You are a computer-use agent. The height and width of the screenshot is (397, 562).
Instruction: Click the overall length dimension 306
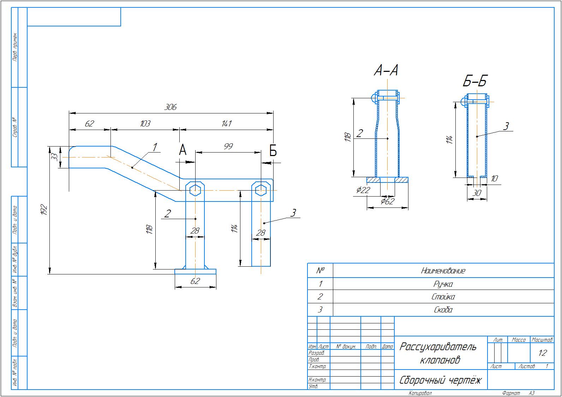[171, 107]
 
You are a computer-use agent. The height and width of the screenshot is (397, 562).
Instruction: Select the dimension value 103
[145, 124]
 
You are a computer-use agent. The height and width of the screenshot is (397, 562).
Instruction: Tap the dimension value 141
[226, 124]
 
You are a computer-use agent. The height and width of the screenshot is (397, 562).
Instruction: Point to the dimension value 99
[228, 146]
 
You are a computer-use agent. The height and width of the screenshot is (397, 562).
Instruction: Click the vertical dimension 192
[44, 210]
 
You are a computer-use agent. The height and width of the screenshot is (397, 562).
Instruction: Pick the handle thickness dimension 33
[54, 157]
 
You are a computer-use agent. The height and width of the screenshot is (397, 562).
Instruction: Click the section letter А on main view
[183, 150]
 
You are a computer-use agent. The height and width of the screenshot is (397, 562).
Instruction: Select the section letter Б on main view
[273, 151]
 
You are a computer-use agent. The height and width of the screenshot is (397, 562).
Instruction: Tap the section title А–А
[386, 71]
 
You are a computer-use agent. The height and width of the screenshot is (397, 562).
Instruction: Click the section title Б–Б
[475, 81]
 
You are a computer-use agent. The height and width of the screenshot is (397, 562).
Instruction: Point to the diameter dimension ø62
[387, 201]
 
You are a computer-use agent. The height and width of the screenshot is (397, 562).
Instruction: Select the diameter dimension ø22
[363, 190]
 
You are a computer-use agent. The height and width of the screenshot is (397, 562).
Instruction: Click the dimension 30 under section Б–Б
[477, 193]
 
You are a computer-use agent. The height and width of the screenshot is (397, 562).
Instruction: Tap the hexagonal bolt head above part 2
[195, 190]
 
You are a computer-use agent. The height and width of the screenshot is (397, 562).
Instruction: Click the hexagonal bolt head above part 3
[261, 190]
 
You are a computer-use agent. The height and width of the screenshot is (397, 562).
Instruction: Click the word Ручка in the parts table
[443, 284]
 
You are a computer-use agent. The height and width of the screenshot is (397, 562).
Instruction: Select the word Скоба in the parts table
[443, 310]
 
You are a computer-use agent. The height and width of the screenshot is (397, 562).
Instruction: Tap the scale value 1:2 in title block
[542, 353]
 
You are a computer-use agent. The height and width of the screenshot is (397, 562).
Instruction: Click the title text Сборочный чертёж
[440, 380]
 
